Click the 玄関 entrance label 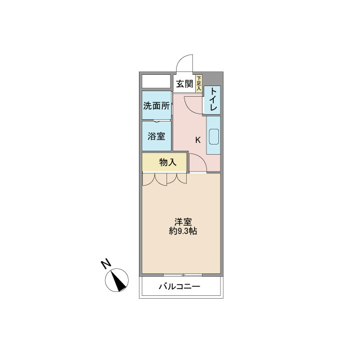[184, 84]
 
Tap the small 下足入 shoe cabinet [199, 83]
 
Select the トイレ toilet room [212, 100]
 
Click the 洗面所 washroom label [156, 106]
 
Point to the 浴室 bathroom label [156, 136]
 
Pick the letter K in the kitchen [197, 140]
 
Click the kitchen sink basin [214, 137]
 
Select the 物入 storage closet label [168, 163]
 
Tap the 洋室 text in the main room [183, 222]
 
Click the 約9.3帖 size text [183, 231]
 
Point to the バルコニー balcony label [179, 286]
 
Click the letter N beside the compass [106, 264]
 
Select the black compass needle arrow [119, 282]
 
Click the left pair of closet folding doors [154, 179]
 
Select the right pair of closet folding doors [177, 179]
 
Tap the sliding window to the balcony [183, 275]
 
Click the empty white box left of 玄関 [156, 81]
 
